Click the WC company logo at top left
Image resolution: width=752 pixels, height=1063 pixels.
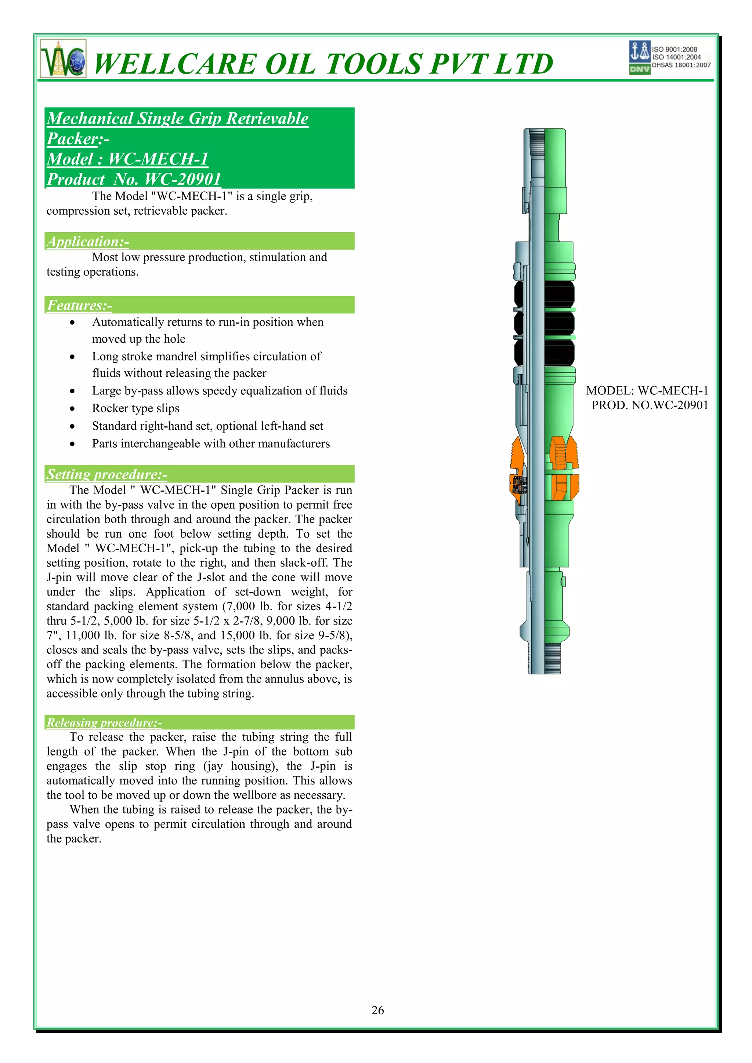[63, 59]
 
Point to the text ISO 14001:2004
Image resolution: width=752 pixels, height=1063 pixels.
[676, 57]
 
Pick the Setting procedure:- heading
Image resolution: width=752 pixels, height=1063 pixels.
[107, 474]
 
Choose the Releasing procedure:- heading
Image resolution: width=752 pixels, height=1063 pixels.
[104, 722]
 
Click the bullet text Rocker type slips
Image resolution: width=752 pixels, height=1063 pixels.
[136, 408]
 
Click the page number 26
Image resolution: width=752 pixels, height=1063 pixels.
[377, 1010]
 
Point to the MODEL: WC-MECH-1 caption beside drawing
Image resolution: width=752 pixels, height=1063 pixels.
[647, 391]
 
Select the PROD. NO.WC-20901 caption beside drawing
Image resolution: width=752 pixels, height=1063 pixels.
[650, 405]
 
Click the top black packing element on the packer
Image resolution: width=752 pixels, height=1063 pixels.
[545, 294]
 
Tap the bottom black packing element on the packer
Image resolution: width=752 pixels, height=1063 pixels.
[545, 352]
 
